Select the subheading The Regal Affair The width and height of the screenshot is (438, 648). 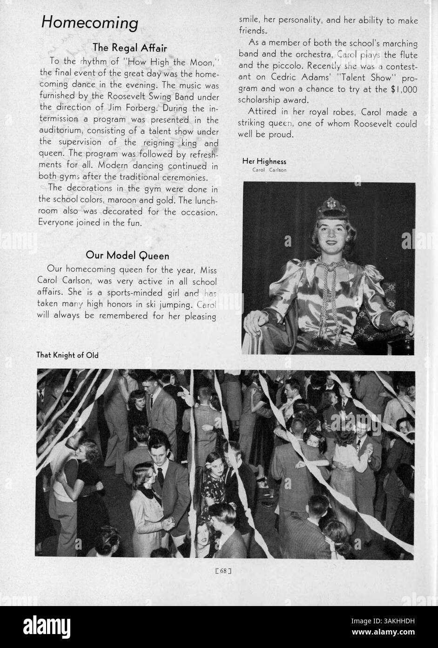pos(129,48)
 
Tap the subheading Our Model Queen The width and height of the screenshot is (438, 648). pos(127,255)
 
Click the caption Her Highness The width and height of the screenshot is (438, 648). pos(264,162)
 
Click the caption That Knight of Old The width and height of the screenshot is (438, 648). pos(67,355)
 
